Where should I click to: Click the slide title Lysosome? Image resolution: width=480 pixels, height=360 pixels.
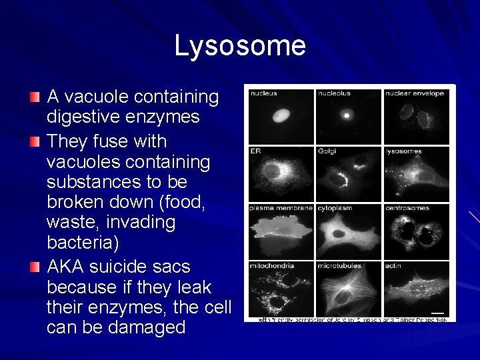click(x=240, y=46)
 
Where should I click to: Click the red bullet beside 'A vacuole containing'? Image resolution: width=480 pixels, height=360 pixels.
click(x=35, y=98)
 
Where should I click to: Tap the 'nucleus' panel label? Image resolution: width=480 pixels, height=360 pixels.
click(x=264, y=94)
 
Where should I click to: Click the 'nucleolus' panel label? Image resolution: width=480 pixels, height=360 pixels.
click(x=334, y=94)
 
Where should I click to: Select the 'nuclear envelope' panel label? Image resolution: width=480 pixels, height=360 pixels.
click(x=415, y=94)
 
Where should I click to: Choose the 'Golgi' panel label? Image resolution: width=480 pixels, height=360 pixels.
click(x=327, y=151)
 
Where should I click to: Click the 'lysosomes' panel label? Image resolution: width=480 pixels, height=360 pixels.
click(x=404, y=151)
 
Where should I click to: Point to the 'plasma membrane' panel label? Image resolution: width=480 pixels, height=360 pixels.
click(x=281, y=209)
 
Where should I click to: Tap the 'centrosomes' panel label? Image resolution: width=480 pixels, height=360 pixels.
click(x=407, y=209)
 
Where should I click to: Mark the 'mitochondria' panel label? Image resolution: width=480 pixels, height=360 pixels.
click(x=272, y=266)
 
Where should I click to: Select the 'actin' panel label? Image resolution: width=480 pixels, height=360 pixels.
click(x=393, y=266)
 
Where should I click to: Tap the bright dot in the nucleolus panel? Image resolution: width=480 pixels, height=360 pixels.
click(x=347, y=115)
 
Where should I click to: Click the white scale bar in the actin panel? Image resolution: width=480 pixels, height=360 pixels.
click(x=437, y=311)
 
